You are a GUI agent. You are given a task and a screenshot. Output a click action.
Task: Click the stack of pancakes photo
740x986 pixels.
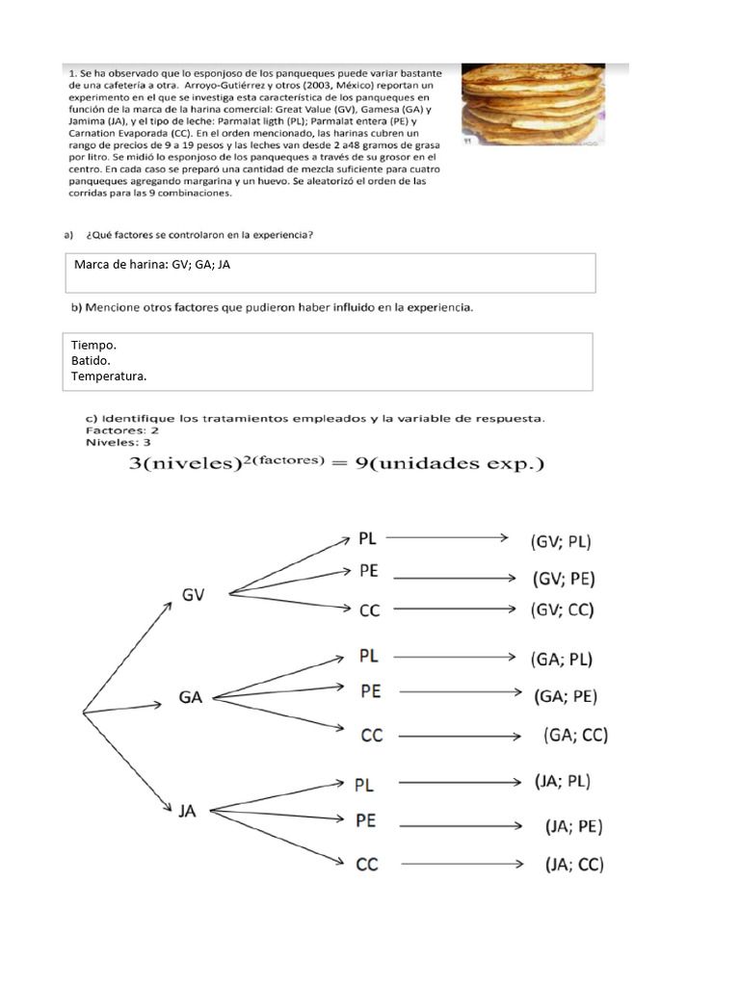[544, 106]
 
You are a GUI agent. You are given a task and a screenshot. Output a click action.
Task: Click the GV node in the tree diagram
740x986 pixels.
[193, 595]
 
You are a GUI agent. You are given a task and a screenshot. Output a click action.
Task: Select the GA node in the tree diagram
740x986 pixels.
[191, 697]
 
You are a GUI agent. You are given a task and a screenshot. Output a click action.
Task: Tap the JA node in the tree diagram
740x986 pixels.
[187, 811]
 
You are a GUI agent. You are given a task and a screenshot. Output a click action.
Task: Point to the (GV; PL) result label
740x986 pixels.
[561, 541]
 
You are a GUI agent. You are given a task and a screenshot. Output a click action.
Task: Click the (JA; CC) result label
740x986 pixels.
[573, 864]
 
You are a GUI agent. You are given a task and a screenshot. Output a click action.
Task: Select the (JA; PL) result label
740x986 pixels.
[563, 782]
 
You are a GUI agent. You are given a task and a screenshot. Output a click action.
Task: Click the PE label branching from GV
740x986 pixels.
[368, 571]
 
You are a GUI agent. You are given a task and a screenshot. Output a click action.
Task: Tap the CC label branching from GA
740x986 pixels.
[372, 736]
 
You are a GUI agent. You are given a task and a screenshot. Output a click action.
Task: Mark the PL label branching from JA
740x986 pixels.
[364, 785]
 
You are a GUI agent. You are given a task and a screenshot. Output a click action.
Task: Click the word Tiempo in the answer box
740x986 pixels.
[94, 344]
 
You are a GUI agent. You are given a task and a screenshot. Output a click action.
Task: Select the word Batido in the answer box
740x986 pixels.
[92, 360]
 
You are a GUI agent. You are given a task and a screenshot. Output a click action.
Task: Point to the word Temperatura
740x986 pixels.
[109, 376]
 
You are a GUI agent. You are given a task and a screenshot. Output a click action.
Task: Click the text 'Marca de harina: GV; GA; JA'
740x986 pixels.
[152, 265]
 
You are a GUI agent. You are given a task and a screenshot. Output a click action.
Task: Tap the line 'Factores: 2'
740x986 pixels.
[122, 430]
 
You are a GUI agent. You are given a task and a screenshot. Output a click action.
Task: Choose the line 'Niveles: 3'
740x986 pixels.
[119, 443]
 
